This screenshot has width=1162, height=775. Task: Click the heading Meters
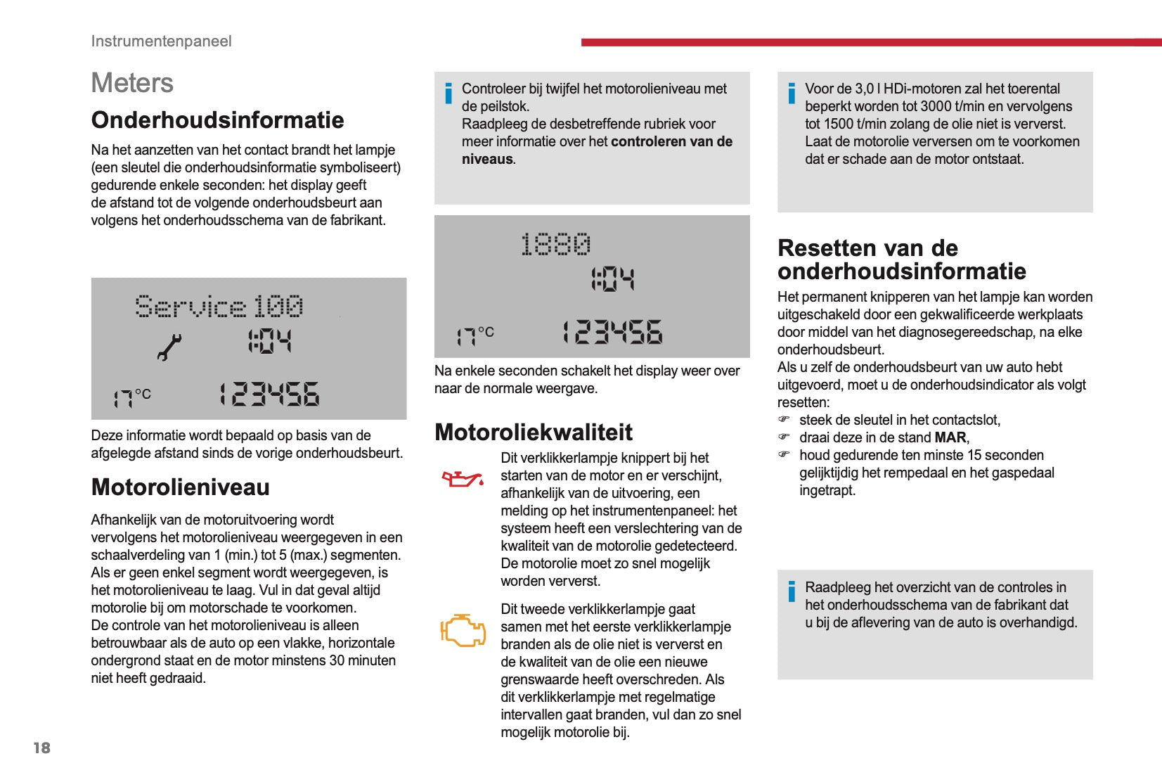pyautogui.click(x=132, y=83)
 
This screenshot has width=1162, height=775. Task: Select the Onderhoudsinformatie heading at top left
pyautogui.click(x=217, y=120)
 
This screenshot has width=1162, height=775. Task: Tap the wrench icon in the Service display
pyautogui.click(x=169, y=347)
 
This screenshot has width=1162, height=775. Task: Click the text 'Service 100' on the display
pyautogui.click(x=219, y=307)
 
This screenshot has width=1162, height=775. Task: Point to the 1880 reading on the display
pyautogui.click(x=555, y=245)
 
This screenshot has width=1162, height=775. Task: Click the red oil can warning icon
pyautogui.click(x=462, y=480)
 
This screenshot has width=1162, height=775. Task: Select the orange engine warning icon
pyautogui.click(x=463, y=629)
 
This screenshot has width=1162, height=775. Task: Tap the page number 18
pyautogui.click(x=42, y=748)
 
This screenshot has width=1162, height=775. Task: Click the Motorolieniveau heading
pyautogui.click(x=181, y=487)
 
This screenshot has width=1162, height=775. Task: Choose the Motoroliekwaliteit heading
pyautogui.click(x=534, y=432)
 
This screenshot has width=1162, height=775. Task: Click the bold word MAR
pyautogui.click(x=950, y=437)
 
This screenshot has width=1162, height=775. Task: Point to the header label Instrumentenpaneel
pyautogui.click(x=161, y=41)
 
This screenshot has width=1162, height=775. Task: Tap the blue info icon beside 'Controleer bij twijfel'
pyautogui.click(x=448, y=94)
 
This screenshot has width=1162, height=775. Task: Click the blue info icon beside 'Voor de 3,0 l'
pyautogui.click(x=792, y=94)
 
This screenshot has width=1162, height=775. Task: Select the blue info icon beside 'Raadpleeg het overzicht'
pyautogui.click(x=792, y=591)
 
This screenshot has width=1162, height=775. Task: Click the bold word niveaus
pyautogui.click(x=487, y=160)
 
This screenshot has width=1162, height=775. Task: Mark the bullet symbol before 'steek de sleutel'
pyautogui.click(x=784, y=420)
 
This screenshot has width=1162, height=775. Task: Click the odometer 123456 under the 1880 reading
pyautogui.click(x=612, y=333)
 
